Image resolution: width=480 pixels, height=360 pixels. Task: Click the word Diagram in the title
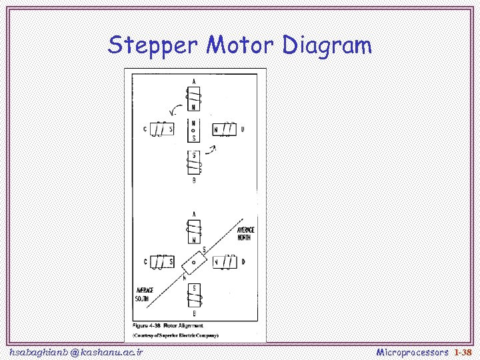327,46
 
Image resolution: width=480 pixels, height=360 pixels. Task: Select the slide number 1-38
463,351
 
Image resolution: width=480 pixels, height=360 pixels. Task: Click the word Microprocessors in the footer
413,351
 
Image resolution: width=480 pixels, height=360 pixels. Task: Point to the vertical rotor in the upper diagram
193,130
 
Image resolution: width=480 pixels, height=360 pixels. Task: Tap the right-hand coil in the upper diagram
225,129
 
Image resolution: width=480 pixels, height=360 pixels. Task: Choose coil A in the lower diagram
194,231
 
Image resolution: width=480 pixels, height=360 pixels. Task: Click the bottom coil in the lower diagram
194,293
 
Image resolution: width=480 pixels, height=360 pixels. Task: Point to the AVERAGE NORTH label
245,233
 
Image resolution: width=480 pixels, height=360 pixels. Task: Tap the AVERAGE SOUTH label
145,294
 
